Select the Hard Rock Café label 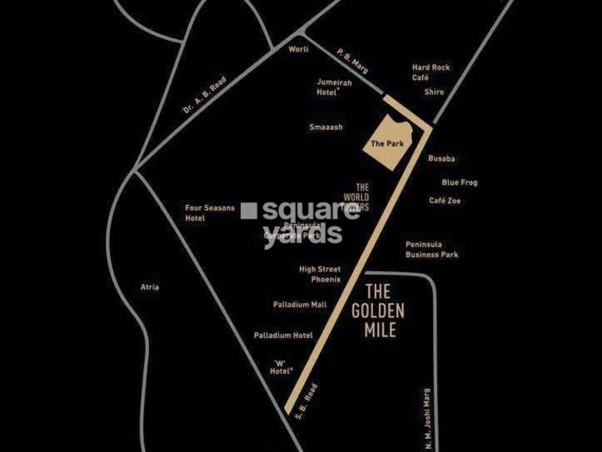click(x=431, y=73)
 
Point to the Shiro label click(x=434, y=92)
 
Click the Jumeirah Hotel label click(x=328, y=86)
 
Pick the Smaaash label click(x=326, y=127)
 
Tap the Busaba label click(x=442, y=159)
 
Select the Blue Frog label click(x=459, y=183)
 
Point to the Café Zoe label click(x=445, y=201)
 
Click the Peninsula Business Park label click(x=431, y=250)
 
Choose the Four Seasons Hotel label click(x=210, y=213)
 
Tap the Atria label click(x=149, y=287)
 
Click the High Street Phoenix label click(x=320, y=274)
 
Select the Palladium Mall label click(x=300, y=305)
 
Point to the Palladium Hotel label click(x=283, y=336)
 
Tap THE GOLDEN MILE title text click(x=378, y=310)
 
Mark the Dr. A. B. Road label click(x=205, y=94)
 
